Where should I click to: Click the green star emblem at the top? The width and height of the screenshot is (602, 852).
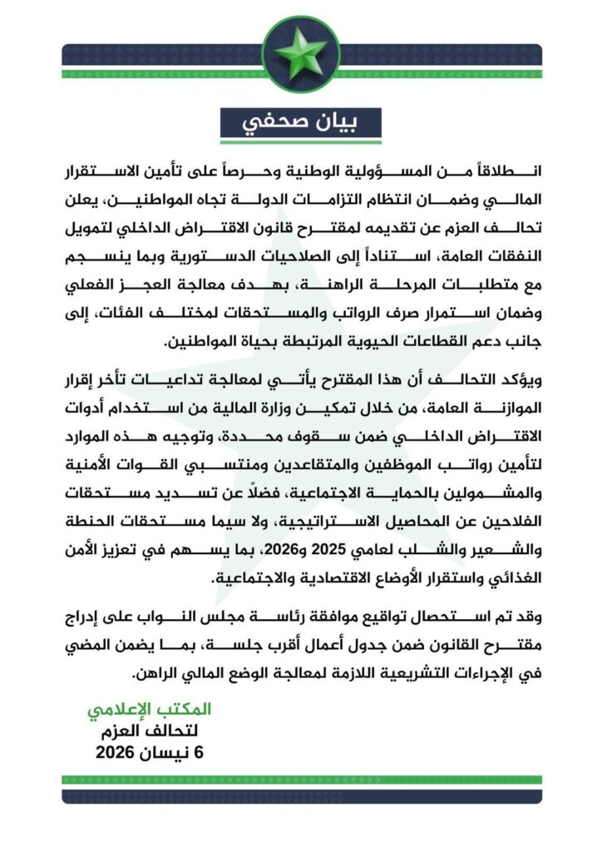[301, 52]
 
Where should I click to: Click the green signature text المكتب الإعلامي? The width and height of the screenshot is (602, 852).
[150, 710]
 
